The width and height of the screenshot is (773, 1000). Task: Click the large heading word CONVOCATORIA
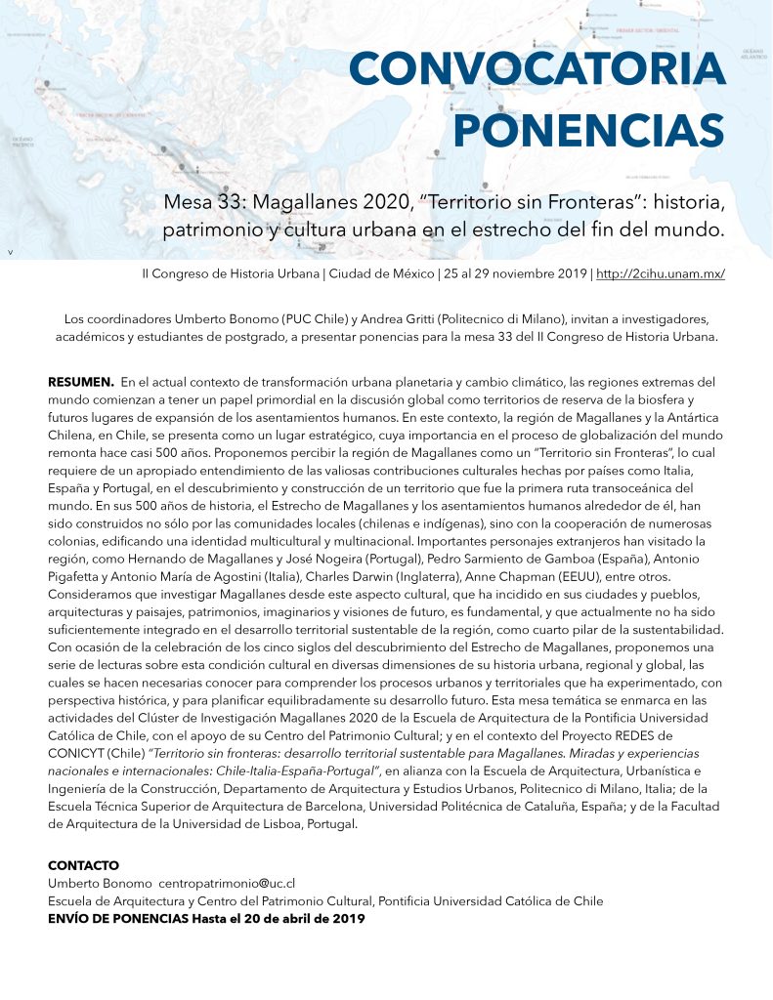coord(537,70)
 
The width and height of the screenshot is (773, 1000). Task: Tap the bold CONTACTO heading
coord(83,865)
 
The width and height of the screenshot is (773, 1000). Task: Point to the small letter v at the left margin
coord(10,253)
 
